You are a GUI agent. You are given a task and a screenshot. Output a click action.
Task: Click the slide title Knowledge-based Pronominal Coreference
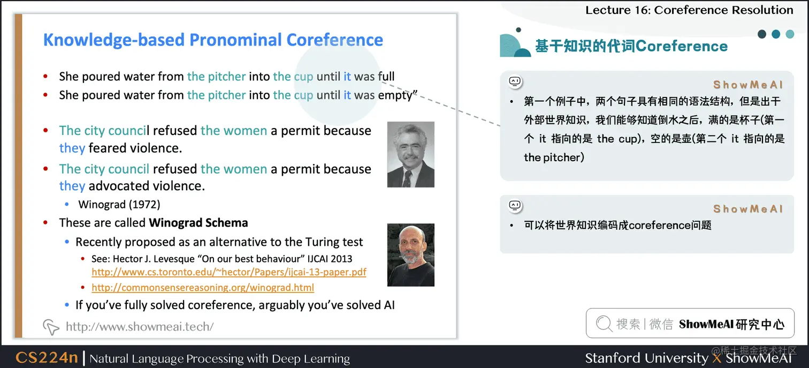[x=213, y=40]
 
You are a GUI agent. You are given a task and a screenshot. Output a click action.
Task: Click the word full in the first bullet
[x=386, y=77]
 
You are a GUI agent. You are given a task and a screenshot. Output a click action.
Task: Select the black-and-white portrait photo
[x=410, y=154]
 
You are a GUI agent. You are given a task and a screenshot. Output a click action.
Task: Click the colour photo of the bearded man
[x=410, y=254]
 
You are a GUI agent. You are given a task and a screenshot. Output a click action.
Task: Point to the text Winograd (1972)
[x=119, y=204]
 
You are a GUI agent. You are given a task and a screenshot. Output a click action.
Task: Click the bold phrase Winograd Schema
[x=199, y=223]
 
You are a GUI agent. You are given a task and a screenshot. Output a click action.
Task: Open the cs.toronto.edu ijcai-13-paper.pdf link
[x=229, y=272]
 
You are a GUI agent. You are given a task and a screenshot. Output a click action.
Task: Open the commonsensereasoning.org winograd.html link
[x=202, y=288]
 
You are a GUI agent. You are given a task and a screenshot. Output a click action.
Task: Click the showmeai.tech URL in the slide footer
[x=140, y=326]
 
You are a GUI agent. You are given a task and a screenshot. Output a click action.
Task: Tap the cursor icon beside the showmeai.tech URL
[x=51, y=326]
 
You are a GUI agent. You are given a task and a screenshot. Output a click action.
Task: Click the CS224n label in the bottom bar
[x=47, y=358]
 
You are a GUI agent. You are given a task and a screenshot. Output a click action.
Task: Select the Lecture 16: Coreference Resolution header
[x=689, y=10]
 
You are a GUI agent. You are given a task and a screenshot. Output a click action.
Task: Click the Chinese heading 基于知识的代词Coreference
[x=631, y=46]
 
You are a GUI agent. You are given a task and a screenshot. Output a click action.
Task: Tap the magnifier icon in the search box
[x=604, y=324]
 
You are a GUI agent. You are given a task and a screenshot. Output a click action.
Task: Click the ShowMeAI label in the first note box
[x=747, y=85]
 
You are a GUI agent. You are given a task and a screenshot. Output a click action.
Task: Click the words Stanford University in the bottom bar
[x=646, y=358]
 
